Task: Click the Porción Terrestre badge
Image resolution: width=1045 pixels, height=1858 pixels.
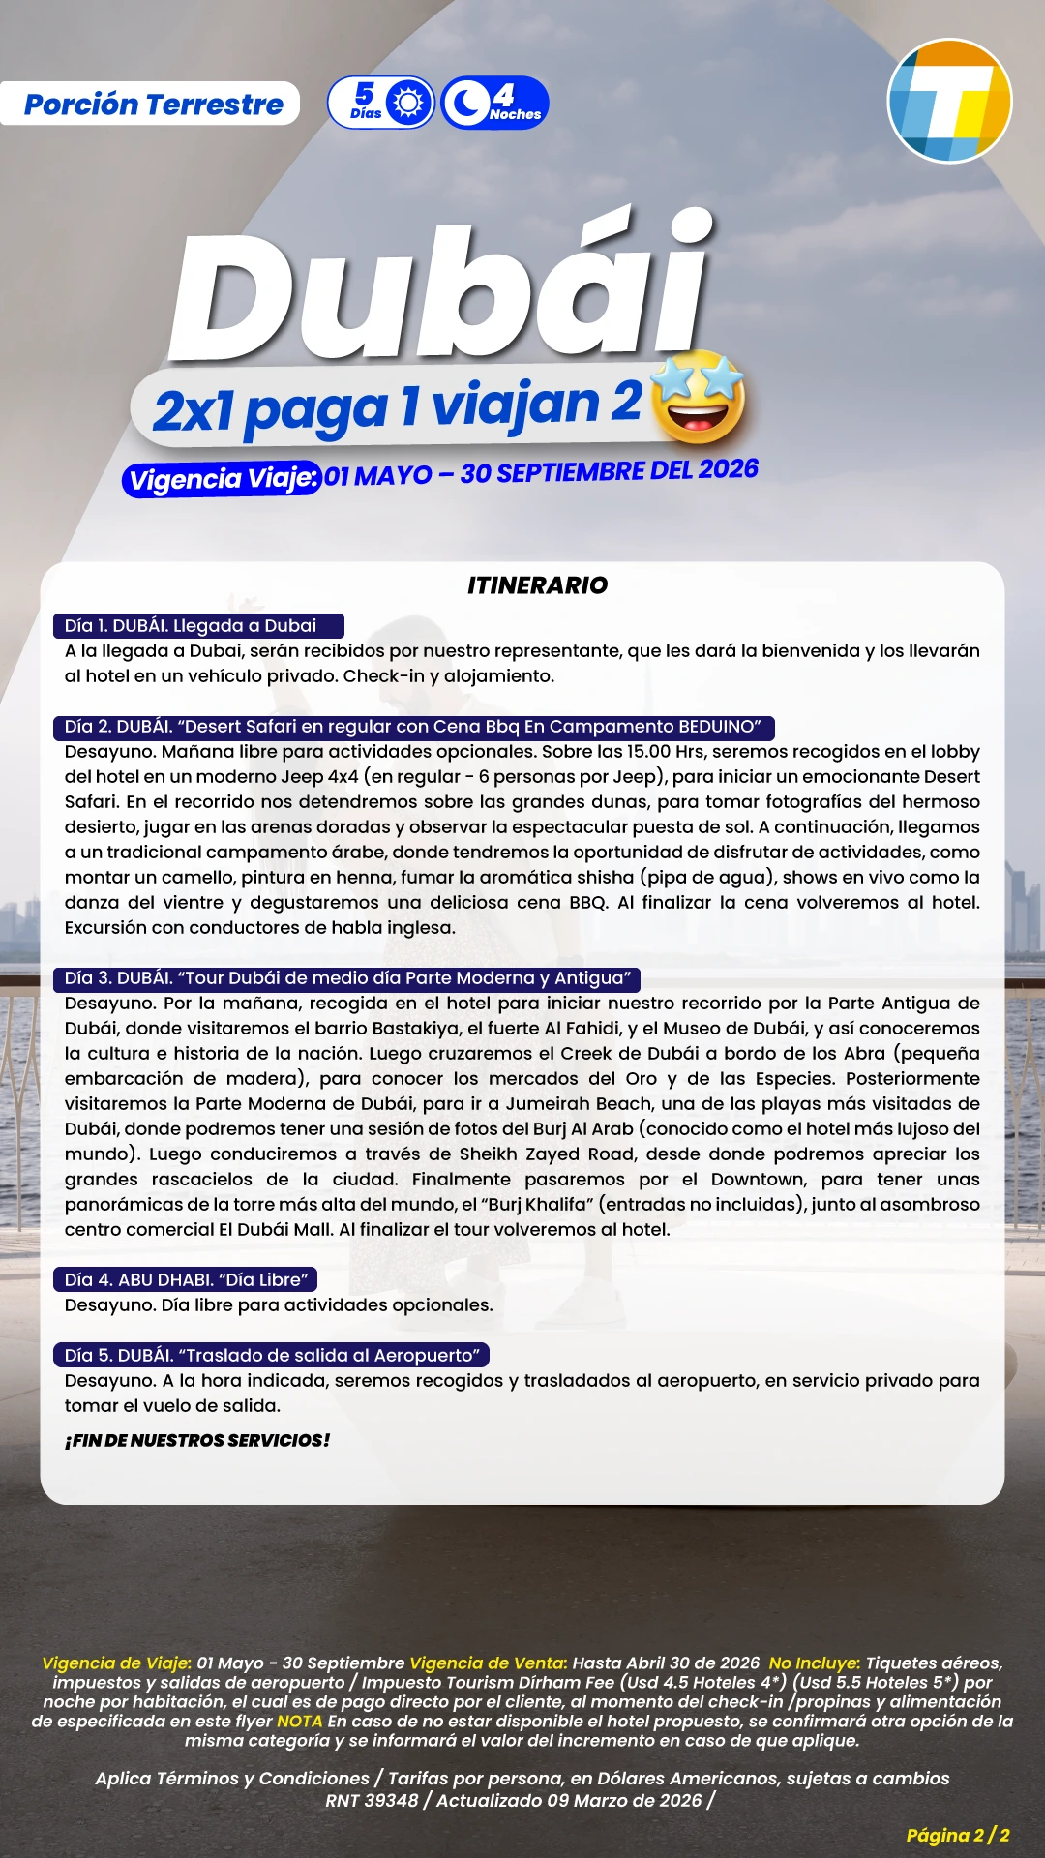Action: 152,104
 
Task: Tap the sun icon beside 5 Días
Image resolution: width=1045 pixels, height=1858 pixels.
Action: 409,103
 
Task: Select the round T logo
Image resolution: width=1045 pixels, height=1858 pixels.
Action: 949,101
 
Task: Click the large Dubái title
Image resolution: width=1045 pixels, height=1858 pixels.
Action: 441,290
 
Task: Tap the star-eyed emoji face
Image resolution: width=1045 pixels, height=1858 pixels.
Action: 699,398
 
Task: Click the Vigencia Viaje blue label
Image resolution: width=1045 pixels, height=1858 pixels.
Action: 222,478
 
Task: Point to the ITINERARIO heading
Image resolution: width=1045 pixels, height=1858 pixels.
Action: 537,584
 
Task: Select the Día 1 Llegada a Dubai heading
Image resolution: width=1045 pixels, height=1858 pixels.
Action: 198,626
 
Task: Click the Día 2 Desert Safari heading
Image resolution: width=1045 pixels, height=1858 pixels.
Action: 413,727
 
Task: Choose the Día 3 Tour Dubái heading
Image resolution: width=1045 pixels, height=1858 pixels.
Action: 347,978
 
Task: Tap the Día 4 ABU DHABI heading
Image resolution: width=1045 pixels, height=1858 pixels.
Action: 186,1280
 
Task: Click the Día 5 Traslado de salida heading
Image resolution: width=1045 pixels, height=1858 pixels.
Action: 272,1356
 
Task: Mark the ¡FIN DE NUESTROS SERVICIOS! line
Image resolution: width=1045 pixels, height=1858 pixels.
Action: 197,1440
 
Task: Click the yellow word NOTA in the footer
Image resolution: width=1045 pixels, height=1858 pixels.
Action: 299,1721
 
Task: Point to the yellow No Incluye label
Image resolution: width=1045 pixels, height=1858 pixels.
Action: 814,1663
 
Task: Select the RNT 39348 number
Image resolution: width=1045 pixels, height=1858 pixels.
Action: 372,1800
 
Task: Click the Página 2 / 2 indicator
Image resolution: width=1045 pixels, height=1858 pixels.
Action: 957,1835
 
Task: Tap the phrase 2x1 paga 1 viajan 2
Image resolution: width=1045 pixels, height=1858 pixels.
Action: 397,406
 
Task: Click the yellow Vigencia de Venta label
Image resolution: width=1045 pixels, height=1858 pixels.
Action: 488,1663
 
